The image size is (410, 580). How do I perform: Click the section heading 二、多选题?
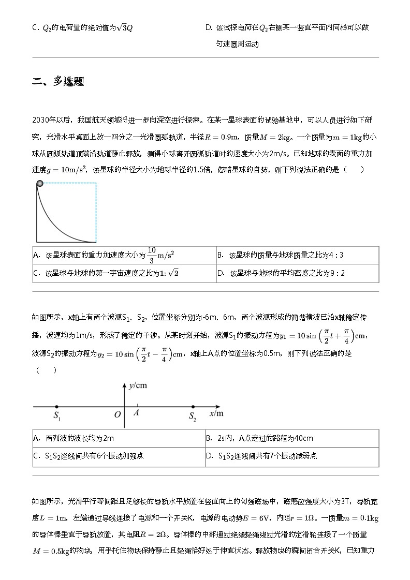click(58, 81)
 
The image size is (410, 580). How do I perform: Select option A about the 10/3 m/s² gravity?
click(104, 255)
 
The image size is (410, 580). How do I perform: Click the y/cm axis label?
click(138, 385)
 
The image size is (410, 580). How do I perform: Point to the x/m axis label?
click(216, 413)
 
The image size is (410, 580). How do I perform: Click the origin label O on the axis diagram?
click(117, 414)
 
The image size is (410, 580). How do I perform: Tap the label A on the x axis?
click(136, 413)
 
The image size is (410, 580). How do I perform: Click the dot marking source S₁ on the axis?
click(56, 407)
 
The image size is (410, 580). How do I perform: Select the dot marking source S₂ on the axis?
click(193, 407)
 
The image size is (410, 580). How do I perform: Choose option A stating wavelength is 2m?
click(73, 438)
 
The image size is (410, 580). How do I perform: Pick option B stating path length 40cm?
click(259, 438)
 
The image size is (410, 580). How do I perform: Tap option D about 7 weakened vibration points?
click(261, 456)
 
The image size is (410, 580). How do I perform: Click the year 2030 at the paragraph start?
click(42, 120)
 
